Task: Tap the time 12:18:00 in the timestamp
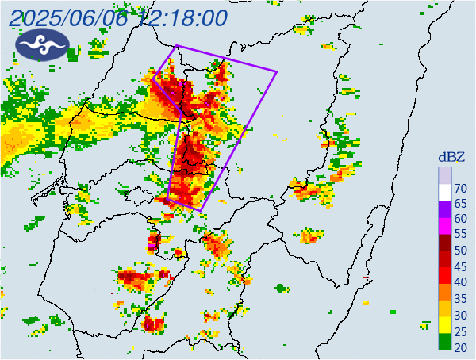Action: (186, 17)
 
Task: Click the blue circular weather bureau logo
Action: (38, 45)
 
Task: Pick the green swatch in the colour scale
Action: (445, 344)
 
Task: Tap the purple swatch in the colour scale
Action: (445, 211)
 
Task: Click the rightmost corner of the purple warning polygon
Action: (277, 72)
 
